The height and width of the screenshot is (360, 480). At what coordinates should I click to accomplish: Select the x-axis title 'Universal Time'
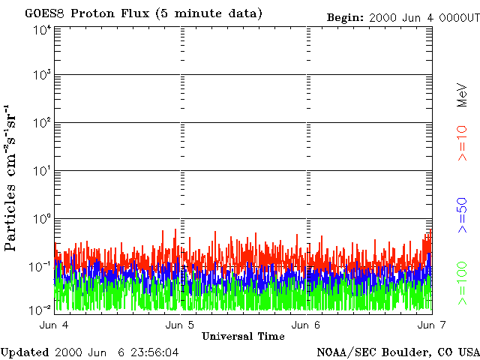click(x=243, y=336)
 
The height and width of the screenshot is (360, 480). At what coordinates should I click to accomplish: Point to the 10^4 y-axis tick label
click(x=41, y=29)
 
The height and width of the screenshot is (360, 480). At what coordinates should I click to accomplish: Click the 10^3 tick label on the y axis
click(x=41, y=76)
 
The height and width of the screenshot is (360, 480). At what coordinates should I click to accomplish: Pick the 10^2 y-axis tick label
click(x=41, y=124)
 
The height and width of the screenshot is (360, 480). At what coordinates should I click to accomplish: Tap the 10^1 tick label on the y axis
click(x=41, y=172)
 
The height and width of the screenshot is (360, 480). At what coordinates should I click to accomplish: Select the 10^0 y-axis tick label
click(x=41, y=219)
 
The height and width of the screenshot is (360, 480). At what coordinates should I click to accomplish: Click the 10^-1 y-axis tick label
click(x=40, y=266)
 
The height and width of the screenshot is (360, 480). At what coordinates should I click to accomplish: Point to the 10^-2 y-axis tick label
click(x=40, y=308)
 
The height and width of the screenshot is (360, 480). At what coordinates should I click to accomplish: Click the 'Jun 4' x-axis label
click(x=54, y=325)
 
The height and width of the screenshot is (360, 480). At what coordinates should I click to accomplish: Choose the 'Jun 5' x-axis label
click(x=180, y=325)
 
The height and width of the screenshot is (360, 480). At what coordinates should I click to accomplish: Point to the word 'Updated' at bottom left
click(x=25, y=352)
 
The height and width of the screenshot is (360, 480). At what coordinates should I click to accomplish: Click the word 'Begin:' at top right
click(x=345, y=17)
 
